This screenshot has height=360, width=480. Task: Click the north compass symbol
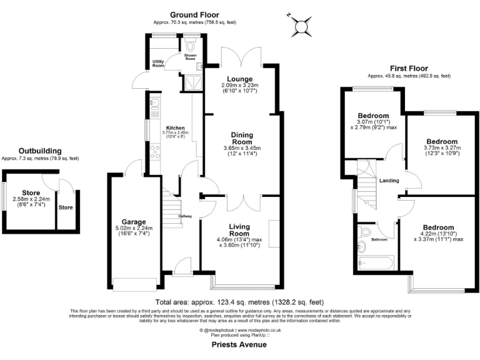pos(304,24)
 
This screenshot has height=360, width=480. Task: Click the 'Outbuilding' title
pos(40,151)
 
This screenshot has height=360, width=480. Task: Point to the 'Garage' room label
pos(134,221)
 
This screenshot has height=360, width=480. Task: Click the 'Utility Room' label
pos(159,63)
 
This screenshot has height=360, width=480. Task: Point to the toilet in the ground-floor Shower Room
pos(191,45)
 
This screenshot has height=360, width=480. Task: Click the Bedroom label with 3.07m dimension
pos(373,116)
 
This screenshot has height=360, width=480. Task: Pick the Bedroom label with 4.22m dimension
pos(438,227)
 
